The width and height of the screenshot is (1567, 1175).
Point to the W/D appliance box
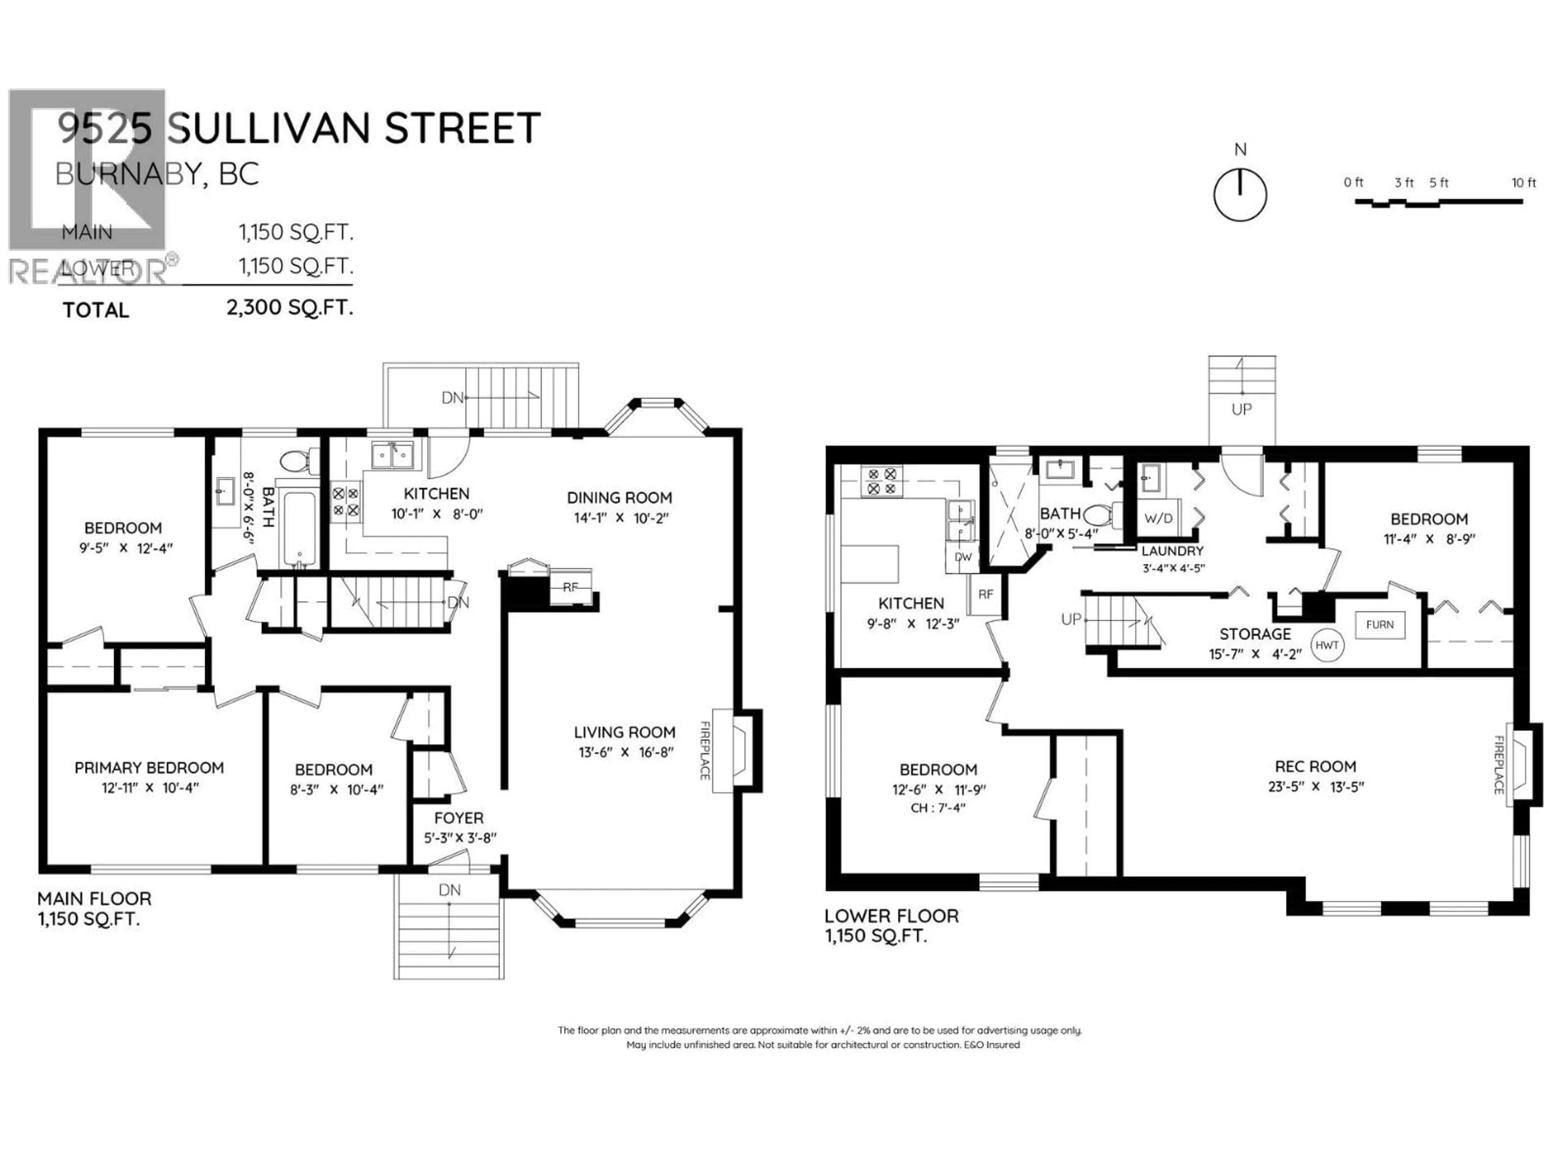tap(1158, 519)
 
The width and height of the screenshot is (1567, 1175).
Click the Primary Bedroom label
tap(149, 768)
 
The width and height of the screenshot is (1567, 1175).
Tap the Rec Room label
tap(1316, 766)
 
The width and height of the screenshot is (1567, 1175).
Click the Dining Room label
tap(619, 498)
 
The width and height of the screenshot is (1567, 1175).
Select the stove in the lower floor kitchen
tap(882, 481)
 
